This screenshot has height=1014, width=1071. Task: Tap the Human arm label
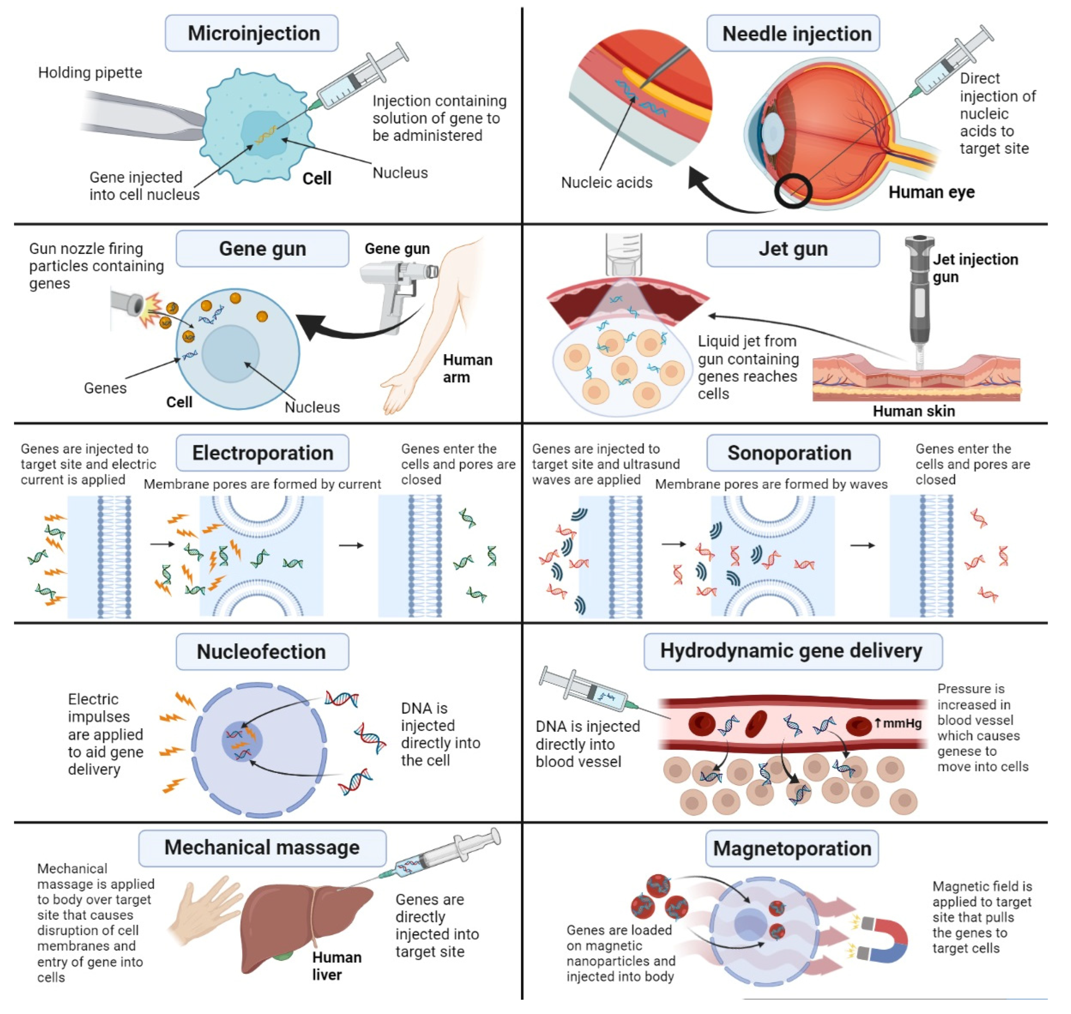coord(467,369)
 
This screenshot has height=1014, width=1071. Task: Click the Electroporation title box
coord(262,453)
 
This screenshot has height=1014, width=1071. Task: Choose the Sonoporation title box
coord(792,453)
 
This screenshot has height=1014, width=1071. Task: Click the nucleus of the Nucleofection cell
coord(242,741)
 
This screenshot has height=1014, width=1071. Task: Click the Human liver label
coord(336,966)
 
